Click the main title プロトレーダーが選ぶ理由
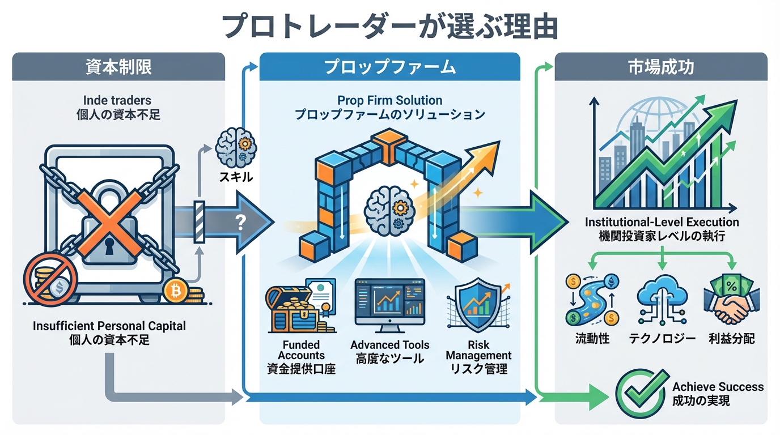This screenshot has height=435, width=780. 390,26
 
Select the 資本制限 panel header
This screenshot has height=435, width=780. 118,67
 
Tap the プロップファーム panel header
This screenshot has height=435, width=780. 389,67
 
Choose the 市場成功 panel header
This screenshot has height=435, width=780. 660,67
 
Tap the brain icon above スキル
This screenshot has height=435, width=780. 235,145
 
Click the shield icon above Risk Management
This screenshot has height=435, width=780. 477,306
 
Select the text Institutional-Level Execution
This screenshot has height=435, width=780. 662,223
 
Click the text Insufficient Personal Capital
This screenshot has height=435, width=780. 109,326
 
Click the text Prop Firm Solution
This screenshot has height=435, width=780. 389,100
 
